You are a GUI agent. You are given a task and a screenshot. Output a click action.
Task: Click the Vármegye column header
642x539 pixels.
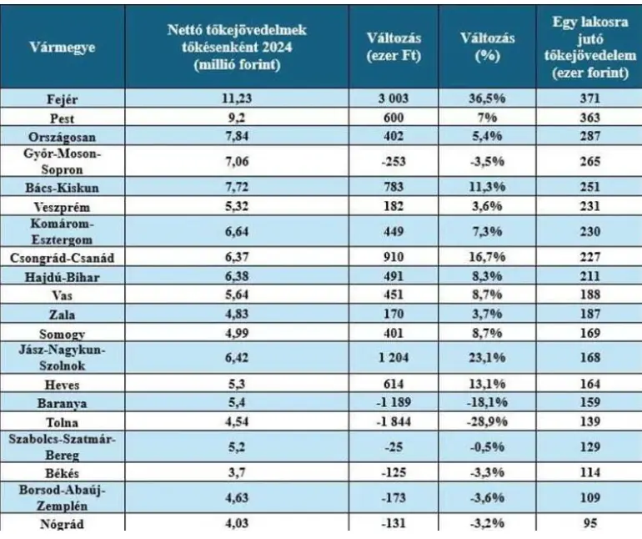pyautogui.click(x=63, y=48)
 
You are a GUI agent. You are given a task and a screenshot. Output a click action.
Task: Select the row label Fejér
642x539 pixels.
pyautogui.click(x=63, y=98)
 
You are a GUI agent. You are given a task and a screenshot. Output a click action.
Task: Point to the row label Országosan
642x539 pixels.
pyautogui.click(x=63, y=135)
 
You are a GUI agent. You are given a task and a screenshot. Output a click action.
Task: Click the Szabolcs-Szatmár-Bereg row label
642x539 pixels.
pyautogui.click(x=63, y=447)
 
